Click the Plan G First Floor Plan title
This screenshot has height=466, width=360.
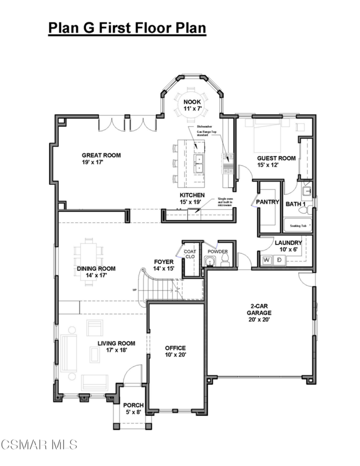[x=127, y=28]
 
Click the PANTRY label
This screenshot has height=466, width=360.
[x=267, y=202]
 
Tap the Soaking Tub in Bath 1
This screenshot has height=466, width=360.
[x=298, y=226]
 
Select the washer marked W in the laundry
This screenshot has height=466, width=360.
[x=266, y=260]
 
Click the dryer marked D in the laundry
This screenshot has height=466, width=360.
[x=279, y=260]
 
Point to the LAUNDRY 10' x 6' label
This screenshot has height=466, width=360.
[x=288, y=246]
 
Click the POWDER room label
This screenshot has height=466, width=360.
[x=217, y=251]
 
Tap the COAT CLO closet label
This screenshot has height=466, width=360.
[x=190, y=254]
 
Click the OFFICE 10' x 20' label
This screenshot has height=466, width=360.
[x=175, y=351]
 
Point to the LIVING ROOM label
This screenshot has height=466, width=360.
[x=116, y=346]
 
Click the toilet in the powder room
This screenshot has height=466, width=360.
[x=225, y=258]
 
